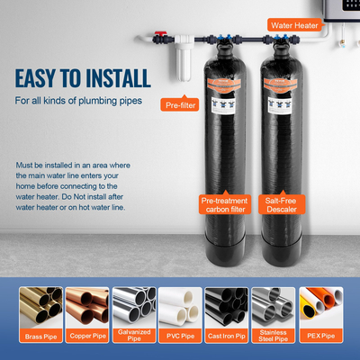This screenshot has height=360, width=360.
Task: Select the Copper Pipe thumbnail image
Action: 88,309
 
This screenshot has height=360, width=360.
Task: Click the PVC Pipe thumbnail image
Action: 180,309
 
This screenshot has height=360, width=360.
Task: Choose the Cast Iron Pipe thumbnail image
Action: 226,309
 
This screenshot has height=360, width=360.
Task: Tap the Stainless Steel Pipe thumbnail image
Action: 272,309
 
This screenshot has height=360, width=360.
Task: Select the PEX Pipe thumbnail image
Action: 319,309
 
